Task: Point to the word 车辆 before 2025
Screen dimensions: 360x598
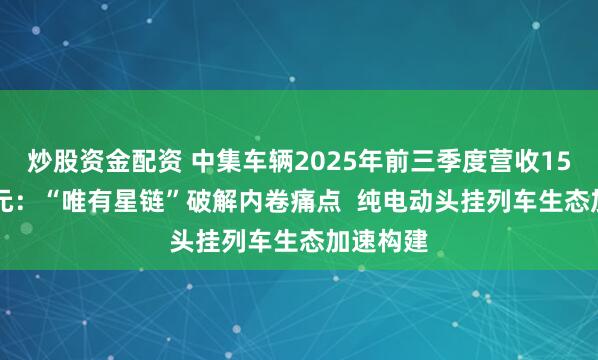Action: point(258,157)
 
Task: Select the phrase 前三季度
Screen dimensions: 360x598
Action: point(387,157)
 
